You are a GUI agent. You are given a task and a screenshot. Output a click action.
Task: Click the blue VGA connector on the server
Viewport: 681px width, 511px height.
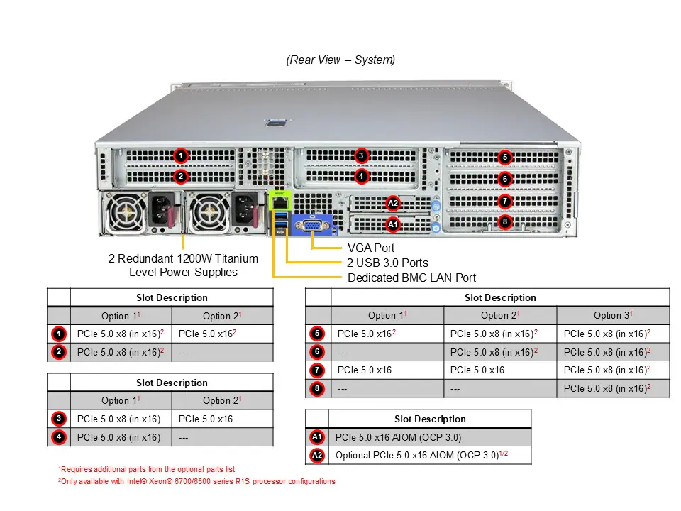(311, 226)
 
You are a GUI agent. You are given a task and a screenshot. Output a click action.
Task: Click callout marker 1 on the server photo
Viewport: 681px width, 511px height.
(181, 155)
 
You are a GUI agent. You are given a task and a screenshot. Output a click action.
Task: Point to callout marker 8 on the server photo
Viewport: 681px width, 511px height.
(504, 221)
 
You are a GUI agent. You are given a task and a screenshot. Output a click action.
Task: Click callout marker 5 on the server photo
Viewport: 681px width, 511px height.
(504, 157)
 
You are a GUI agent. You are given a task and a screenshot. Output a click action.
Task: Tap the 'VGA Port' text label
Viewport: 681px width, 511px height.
(371, 248)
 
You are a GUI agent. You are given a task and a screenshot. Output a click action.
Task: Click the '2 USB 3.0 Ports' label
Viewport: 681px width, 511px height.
(387, 263)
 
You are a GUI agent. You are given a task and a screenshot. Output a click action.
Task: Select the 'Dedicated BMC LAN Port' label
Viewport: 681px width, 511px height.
(411, 278)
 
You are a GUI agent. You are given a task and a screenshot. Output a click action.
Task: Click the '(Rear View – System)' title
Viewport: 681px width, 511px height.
(340, 60)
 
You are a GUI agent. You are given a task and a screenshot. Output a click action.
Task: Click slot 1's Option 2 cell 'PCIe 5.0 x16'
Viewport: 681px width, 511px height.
(207, 334)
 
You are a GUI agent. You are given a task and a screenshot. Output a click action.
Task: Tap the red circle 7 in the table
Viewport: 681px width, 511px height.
(317, 370)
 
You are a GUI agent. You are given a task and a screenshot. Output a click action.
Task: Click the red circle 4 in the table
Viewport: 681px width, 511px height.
(59, 437)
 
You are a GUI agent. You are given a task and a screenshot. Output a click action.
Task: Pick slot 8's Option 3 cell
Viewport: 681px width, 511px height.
(607, 389)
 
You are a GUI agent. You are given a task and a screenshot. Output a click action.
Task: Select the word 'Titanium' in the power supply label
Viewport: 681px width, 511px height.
(233, 259)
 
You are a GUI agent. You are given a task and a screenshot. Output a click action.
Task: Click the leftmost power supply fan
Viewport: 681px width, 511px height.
(127, 212)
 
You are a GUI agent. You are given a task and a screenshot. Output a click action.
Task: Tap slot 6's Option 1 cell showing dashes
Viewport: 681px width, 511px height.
(343, 352)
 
